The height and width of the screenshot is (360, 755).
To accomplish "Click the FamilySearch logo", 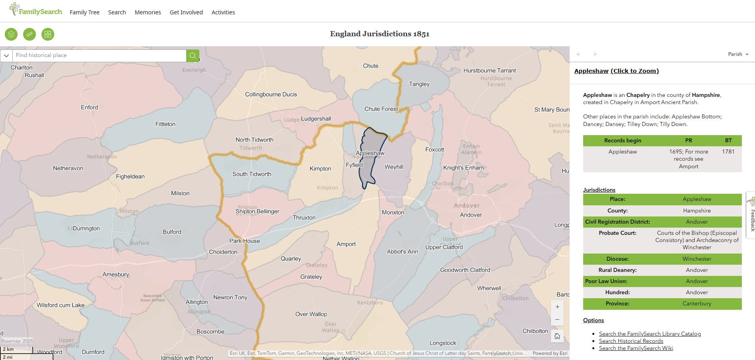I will pos(36,10).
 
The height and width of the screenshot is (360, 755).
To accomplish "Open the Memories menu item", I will pos(148,12).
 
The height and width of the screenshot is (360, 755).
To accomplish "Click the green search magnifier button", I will pos(193,55).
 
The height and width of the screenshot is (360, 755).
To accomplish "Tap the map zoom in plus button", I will pos(557,307).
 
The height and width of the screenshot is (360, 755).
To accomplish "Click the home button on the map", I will pos(557,336).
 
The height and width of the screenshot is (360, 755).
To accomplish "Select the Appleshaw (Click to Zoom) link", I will pos(616,71).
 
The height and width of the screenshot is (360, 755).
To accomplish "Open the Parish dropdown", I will pos(738,54).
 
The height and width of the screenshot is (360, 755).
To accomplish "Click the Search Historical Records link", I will pos(631,341).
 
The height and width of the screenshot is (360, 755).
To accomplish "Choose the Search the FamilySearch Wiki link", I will pos(636,348).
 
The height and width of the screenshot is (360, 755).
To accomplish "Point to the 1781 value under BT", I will pos(728,151).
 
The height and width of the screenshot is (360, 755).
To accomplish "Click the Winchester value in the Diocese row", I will pos(697,259).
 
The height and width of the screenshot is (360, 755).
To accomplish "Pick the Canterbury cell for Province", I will pos(697,303).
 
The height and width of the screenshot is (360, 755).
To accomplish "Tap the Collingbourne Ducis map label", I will pos(271,94).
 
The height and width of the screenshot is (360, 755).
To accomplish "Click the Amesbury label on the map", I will pos(116,274).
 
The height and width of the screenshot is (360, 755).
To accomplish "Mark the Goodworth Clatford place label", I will pos(465,270).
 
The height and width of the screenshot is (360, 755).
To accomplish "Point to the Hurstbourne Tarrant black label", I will pos(490,71).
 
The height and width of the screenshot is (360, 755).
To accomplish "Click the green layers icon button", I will pos(11,34).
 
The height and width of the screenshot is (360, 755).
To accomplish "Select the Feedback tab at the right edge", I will pos(751,215).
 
